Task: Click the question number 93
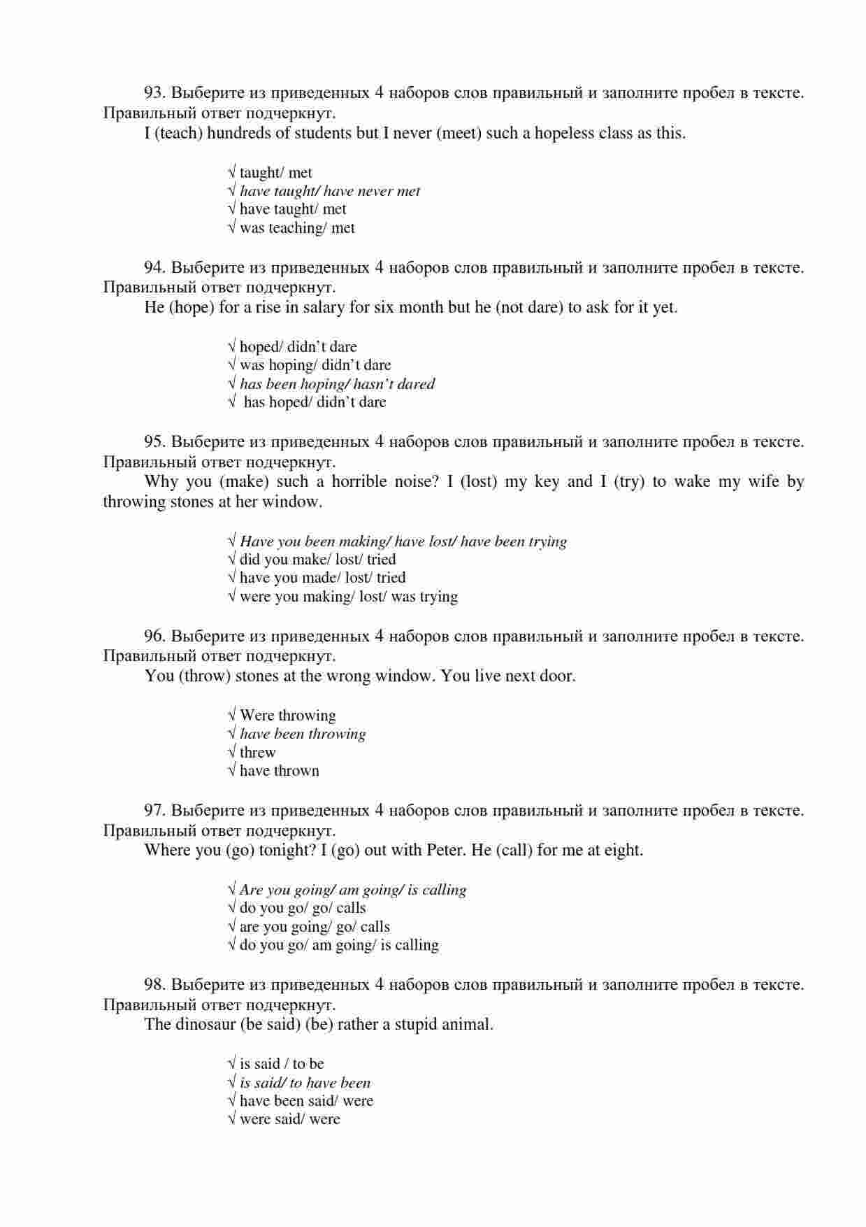click(154, 92)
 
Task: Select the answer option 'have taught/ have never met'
click(329, 191)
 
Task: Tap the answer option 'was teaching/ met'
click(296, 228)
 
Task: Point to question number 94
click(154, 267)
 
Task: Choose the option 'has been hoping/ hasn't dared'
click(336, 384)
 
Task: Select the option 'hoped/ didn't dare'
click(297, 347)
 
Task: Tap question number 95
click(154, 442)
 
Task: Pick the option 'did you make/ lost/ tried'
click(317, 560)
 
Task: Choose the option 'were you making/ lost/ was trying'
click(348, 597)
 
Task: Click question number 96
click(154, 637)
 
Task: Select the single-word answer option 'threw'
click(257, 753)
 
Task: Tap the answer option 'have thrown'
click(279, 771)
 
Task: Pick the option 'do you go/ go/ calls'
click(302, 908)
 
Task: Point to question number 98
click(154, 985)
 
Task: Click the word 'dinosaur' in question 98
click(204, 1025)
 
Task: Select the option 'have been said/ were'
click(305, 1101)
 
